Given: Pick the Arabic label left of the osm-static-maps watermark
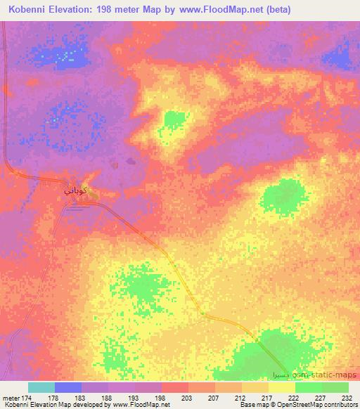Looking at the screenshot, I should [x=282, y=375].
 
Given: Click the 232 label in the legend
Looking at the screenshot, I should [x=347, y=398].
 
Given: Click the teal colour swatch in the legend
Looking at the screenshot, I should [x=41, y=387].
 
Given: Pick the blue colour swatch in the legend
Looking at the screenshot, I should [x=68, y=387].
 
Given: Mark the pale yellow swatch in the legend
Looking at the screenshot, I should [x=281, y=387].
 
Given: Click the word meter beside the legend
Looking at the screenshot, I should [x=11, y=398].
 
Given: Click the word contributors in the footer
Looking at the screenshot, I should [x=342, y=405].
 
